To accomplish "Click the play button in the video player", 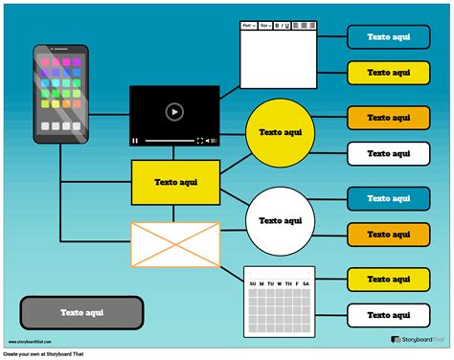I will [173, 112].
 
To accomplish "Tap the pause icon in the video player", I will [136, 141].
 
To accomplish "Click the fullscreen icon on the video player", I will [200, 141].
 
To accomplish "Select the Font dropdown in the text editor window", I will [248, 26].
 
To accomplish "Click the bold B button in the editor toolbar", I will [277, 26].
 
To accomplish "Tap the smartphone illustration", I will [59, 90].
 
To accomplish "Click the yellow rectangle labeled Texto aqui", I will [175, 181].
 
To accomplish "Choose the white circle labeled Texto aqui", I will [281, 220].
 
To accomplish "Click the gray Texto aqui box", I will [81, 312].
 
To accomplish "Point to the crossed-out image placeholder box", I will [175, 245].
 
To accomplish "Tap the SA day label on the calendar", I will [306, 283].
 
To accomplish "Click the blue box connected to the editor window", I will [388, 36].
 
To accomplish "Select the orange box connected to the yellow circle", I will [388, 118].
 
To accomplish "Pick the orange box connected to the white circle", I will [388, 234].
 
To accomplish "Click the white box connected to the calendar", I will [388, 314].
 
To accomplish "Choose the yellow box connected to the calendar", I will [388, 279].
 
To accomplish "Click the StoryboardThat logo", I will [416, 340].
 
